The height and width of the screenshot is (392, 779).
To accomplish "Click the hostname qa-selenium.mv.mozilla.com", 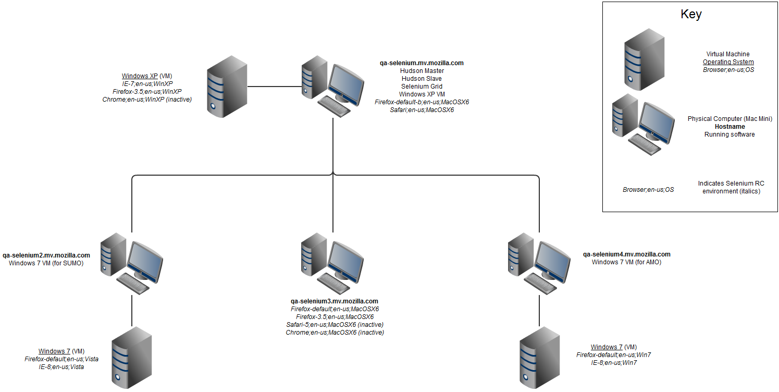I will (x=422, y=63).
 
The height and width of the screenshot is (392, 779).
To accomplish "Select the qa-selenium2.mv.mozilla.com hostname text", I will (x=46, y=255).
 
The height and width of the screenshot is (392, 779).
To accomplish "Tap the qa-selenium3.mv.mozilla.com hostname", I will (x=334, y=301).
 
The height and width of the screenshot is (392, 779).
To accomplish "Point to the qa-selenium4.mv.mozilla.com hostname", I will (x=626, y=254).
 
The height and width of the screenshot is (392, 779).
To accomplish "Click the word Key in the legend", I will (x=691, y=15).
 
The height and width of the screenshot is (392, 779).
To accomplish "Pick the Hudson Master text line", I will (x=422, y=71).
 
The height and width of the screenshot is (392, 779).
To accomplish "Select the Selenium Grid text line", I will (x=422, y=87).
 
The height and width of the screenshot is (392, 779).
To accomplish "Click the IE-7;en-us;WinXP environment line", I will (x=147, y=84).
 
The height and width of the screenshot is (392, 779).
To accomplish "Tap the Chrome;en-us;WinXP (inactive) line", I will (x=147, y=99).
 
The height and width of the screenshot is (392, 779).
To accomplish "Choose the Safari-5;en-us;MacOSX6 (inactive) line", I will (x=335, y=325).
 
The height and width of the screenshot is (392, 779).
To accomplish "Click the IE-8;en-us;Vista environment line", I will (x=61, y=367).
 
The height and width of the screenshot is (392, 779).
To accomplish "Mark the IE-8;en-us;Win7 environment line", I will (x=614, y=363).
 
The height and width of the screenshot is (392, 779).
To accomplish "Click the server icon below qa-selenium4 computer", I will (x=539, y=358).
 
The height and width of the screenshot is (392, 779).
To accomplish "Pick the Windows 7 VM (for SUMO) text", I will (x=46, y=263).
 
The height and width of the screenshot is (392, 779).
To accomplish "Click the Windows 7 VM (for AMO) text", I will (x=626, y=262).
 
